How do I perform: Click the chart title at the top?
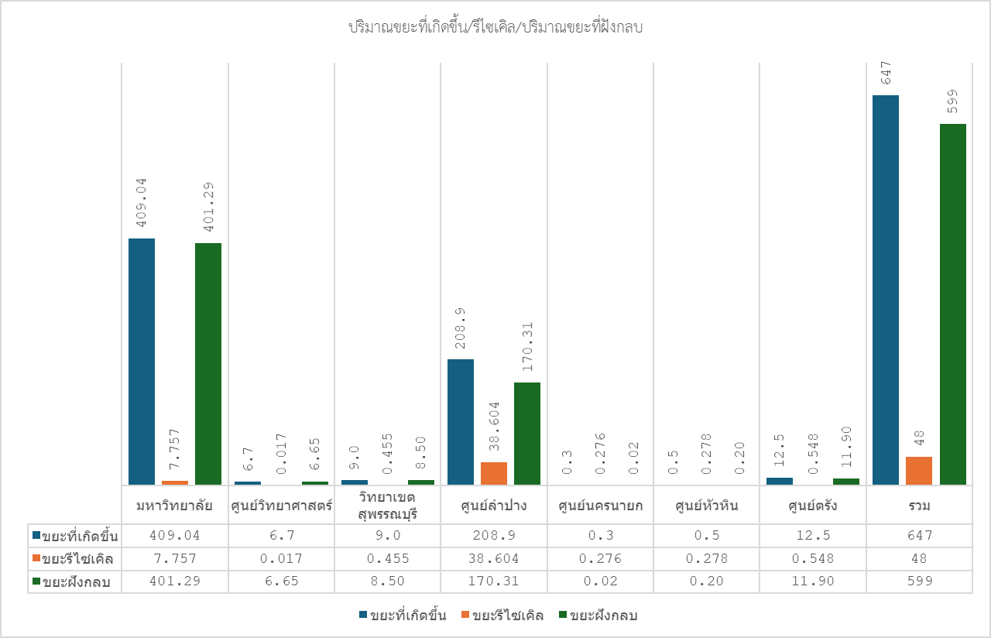click(x=496, y=27)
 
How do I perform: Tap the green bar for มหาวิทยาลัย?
click(x=208, y=364)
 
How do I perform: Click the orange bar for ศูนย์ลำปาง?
click(x=494, y=473)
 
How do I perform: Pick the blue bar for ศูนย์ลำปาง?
click(x=461, y=422)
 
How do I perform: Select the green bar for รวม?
click(x=953, y=304)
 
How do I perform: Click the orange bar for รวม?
click(x=919, y=471)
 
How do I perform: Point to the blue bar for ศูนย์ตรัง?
click(x=780, y=481)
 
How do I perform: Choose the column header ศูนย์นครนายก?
click(x=600, y=506)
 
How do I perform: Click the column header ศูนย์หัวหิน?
click(x=706, y=506)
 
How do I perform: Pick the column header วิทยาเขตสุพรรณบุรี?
click(x=387, y=505)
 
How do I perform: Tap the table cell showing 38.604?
click(x=493, y=558)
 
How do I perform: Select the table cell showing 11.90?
click(x=812, y=581)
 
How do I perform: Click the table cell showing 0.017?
click(x=281, y=558)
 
